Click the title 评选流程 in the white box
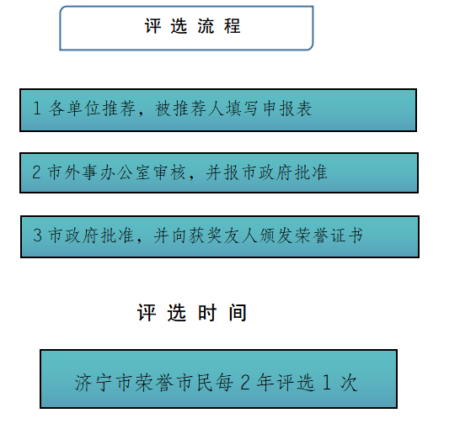(192, 26)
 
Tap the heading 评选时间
(192, 313)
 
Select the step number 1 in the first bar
(37, 108)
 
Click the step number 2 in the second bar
(36, 172)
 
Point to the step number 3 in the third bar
(37, 235)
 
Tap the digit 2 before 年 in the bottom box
(245, 383)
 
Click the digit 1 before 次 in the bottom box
(327, 383)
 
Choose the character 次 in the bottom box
(349, 383)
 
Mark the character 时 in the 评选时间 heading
(207, 313)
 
